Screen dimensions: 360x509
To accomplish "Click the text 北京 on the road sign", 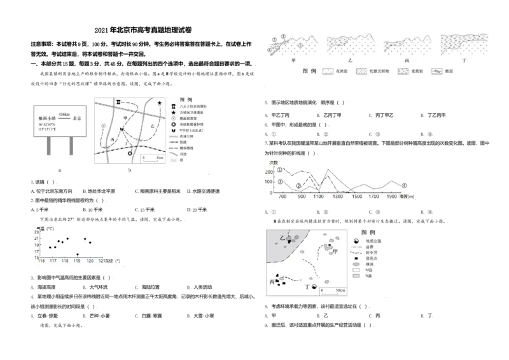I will [x=78, y=118].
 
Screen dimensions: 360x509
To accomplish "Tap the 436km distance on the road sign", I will [x=64, y=113].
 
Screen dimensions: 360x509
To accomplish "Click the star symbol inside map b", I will [x=159, y=103].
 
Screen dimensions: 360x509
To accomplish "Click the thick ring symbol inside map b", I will [x=130, y=153].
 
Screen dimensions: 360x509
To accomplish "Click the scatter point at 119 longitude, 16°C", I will [x=77, y=254].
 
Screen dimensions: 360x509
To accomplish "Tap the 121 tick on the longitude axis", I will [x=102, y=261].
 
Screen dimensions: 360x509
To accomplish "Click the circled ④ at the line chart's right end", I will [x=405, y=186].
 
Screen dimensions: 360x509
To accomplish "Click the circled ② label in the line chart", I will [x=298, y=186].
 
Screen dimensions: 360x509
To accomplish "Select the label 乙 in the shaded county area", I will [x=282, y=237].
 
